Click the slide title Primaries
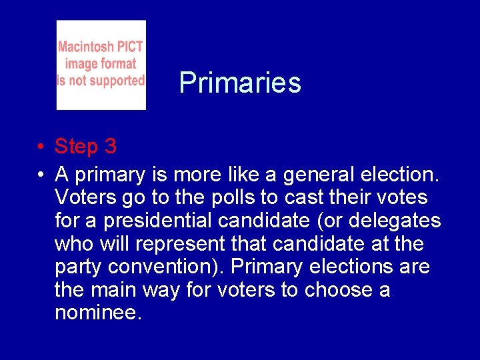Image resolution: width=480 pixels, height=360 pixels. tap(240, 83)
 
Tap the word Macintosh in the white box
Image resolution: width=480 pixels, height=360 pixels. tap(85, 47)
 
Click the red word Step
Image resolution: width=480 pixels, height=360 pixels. tap(75, 147)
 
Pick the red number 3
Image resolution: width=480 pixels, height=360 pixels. tap(110, 146)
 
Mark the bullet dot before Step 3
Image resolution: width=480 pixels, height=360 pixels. tap(41, 147)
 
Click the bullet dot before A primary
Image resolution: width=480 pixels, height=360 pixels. tap(41, 176)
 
